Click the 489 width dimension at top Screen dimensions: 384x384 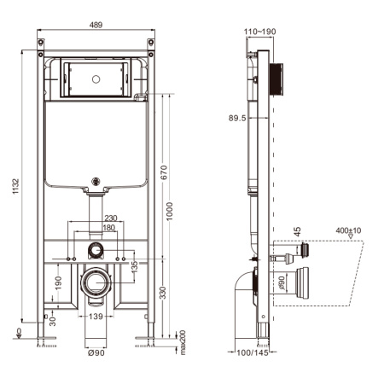(96, 26)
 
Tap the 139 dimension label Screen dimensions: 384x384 (97, 317)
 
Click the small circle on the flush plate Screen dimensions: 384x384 (96, 78)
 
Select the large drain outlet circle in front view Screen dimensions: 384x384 (96, 281)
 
